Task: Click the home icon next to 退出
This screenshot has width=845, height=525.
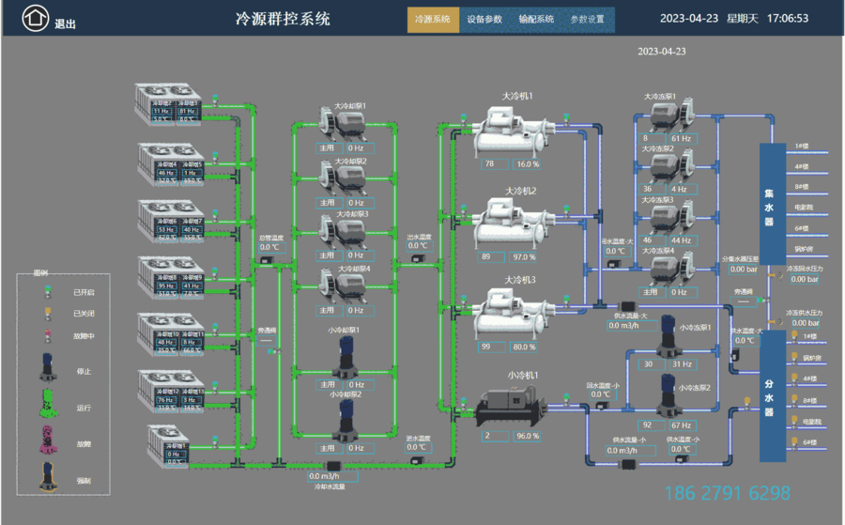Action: [35, 18]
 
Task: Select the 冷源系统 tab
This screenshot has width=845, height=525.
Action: [433, 19]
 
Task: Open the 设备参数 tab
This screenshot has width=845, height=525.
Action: [484, 19]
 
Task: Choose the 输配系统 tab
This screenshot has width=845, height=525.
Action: [536, 19]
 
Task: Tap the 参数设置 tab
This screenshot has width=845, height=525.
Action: [588, 19]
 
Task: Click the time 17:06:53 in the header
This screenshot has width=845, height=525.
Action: [787, 18]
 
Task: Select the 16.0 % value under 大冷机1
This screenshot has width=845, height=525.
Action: [528, 163]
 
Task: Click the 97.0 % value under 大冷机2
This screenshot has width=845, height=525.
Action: [525, 256]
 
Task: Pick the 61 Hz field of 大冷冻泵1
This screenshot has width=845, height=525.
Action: [681, 139]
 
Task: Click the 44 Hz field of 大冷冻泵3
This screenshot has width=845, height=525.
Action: [681, 240]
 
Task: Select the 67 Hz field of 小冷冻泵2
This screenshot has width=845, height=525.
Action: [681, 425]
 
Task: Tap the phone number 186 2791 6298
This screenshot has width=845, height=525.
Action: [727, 493]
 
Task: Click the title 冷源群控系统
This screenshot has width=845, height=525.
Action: [283, 18]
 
